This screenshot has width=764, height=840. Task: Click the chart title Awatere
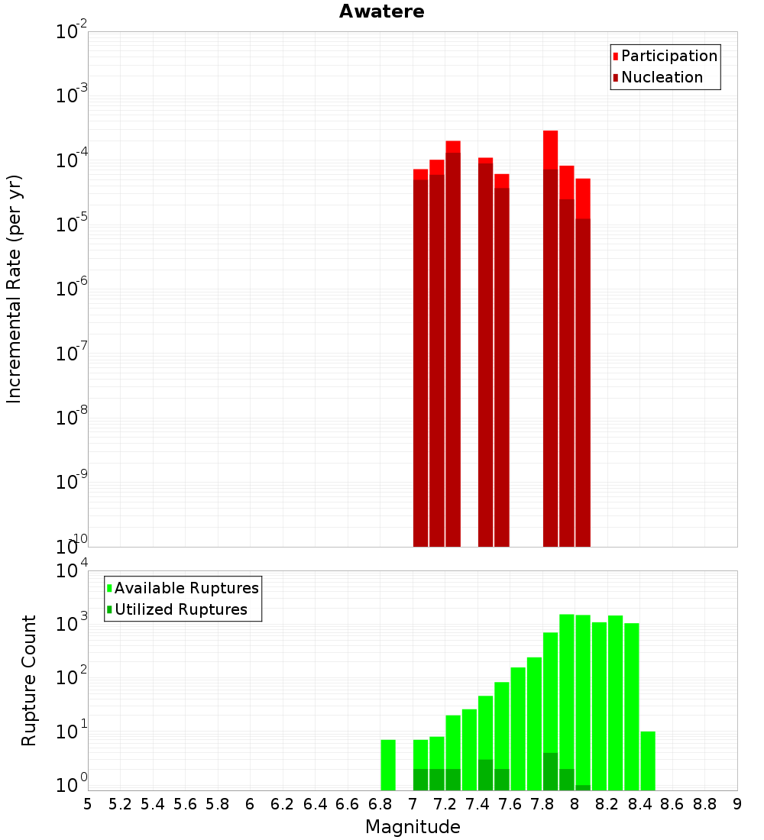[382, 11]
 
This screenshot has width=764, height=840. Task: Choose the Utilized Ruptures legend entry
[180, 609]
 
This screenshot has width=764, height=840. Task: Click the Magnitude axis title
[413, 827]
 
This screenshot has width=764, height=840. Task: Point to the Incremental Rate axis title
[14, 289]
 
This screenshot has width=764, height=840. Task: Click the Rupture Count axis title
[29, 680]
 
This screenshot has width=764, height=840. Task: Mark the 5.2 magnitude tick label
[121, 804]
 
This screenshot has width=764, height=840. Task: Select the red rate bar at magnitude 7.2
[453, 344]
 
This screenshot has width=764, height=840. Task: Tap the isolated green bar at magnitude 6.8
[388, 764]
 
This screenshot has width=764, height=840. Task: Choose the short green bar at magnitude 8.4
[648, 760]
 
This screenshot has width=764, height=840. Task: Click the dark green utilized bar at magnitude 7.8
[551, 771]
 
